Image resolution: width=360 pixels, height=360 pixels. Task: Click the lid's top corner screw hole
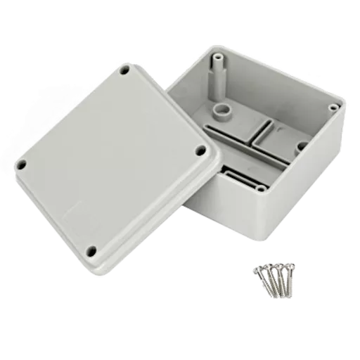point(124,71)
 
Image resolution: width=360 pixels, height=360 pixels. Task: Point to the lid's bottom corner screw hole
point(91,247)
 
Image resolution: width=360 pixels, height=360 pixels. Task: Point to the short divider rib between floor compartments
point(265,129)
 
